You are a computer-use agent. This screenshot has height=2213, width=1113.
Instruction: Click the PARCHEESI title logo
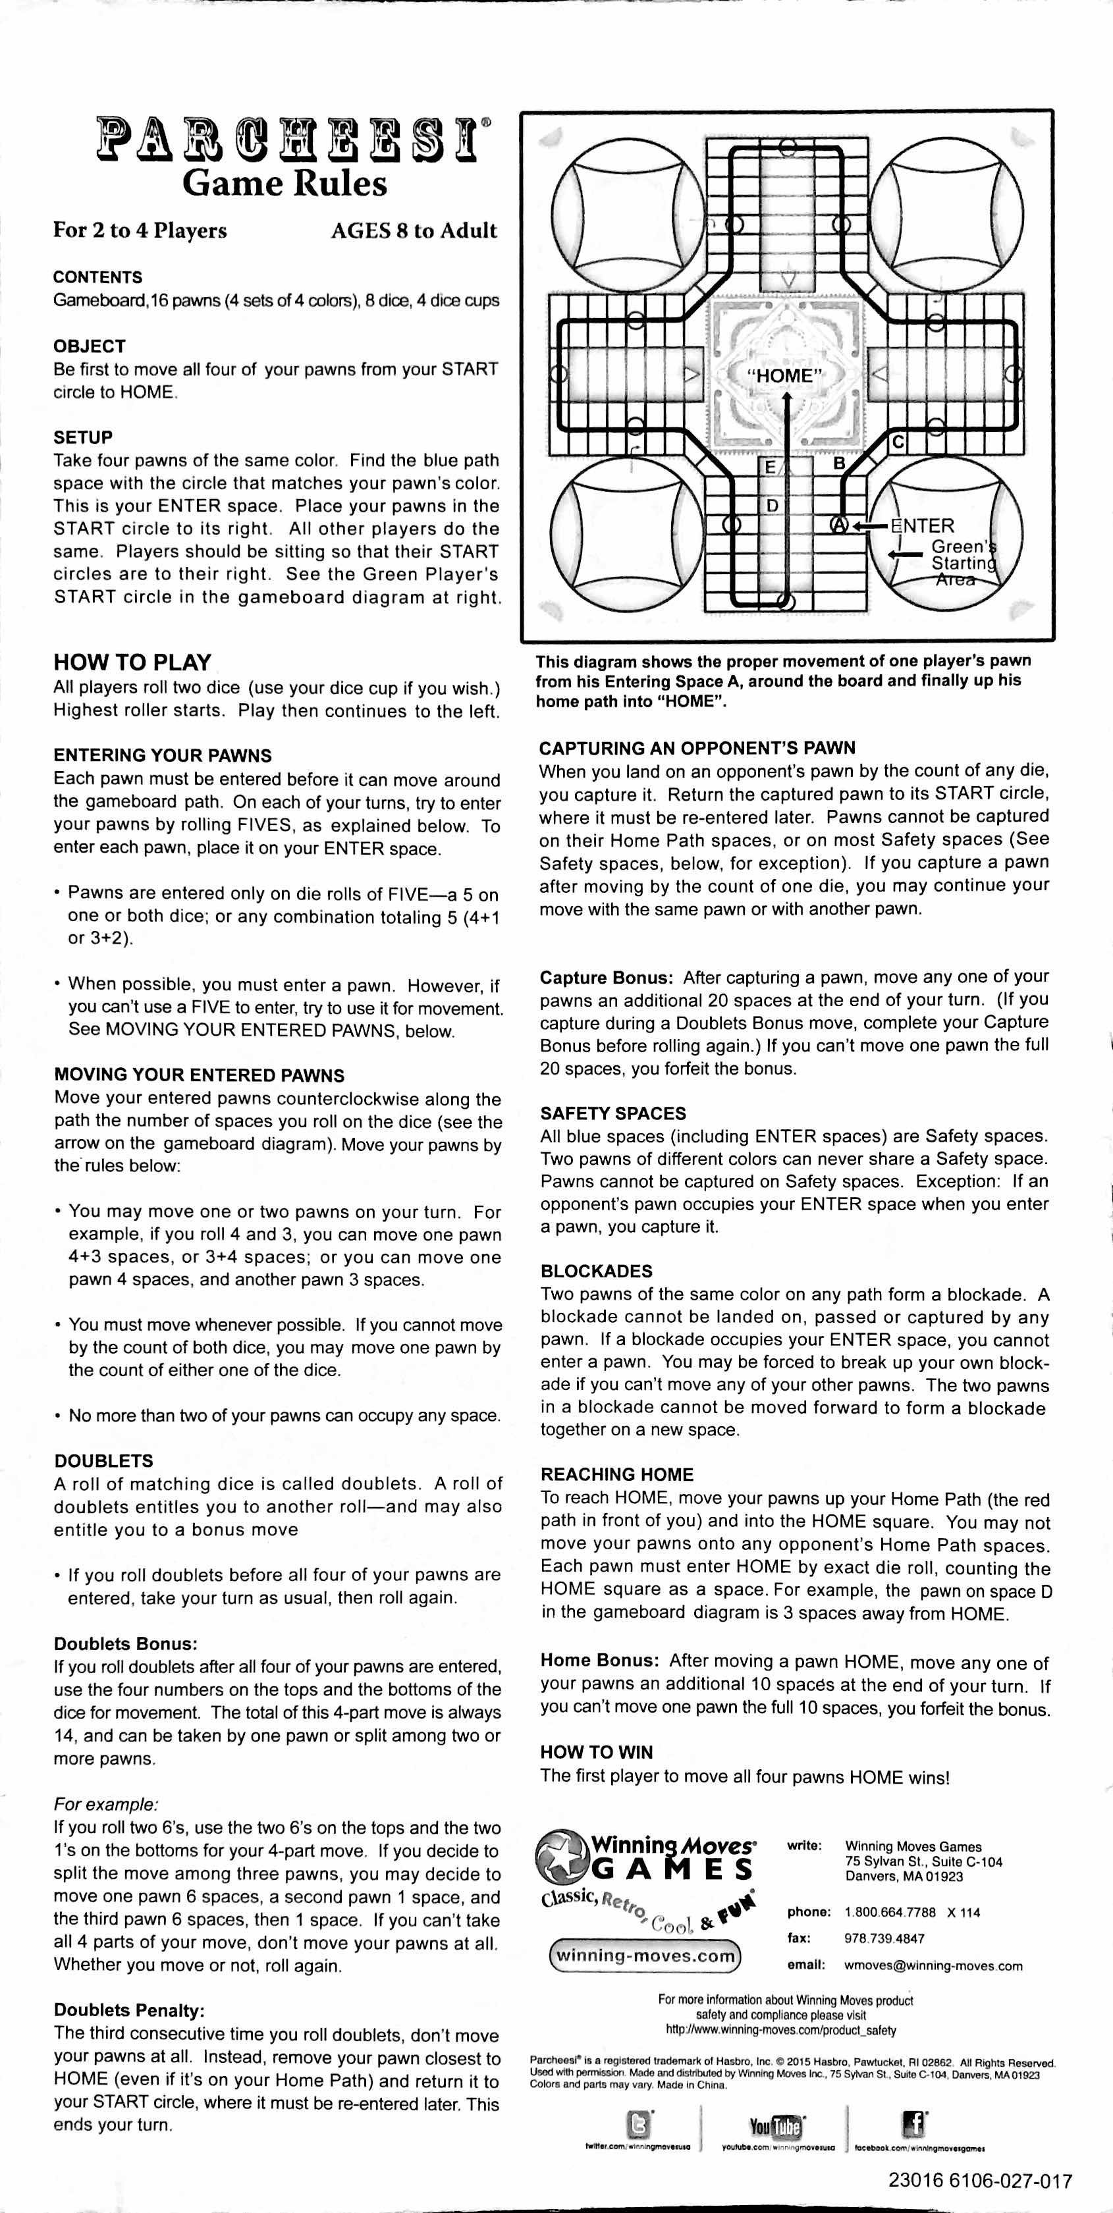(x=292, y=136)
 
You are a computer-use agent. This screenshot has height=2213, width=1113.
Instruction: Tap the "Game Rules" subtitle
(x=285, y=184)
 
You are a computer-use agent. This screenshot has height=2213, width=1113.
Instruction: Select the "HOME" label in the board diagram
(x=784, y=376)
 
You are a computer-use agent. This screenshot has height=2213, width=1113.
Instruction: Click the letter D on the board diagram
(x=772, y=505)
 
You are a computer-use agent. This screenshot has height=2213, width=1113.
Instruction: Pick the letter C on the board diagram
(x=897, y=442)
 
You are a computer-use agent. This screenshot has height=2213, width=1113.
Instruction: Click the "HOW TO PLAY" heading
(x=132, y=662)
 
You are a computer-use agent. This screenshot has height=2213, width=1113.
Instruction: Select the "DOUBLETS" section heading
(x=103, y=1460)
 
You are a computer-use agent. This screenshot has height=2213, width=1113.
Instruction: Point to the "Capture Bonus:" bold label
(x=606, y=978)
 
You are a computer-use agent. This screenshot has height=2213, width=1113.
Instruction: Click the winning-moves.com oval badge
(x=645, y=1956)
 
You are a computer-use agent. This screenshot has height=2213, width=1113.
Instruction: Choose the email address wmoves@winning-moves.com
(x=933, y=1965)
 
